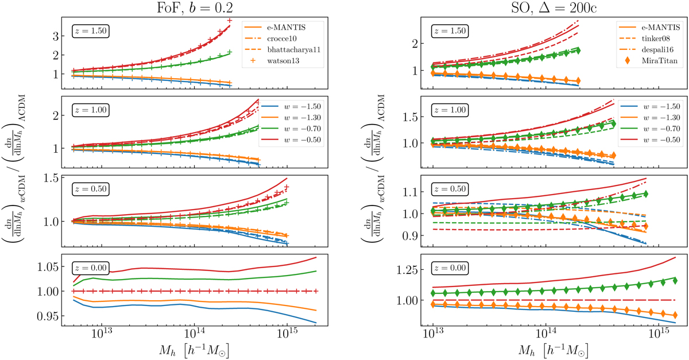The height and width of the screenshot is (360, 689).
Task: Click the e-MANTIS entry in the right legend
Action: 638,28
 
